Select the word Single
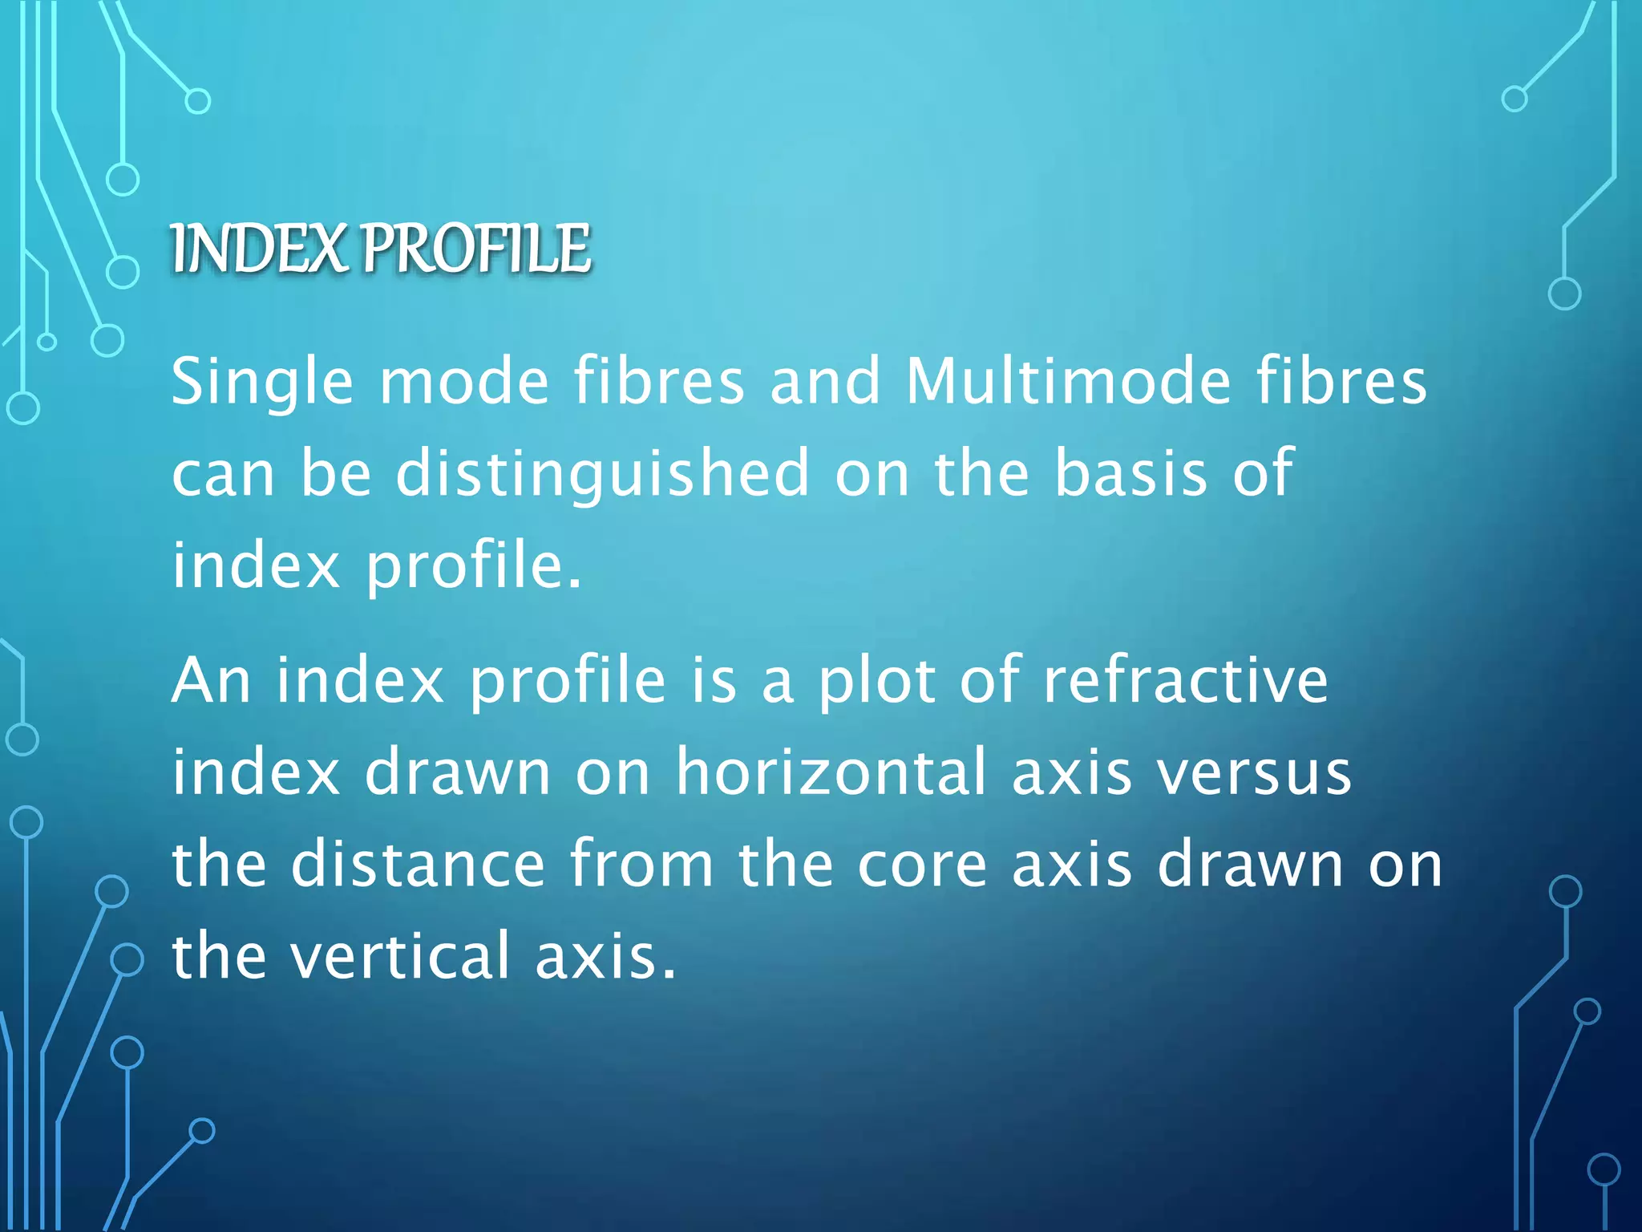pyautogui.click(x=262, y=382)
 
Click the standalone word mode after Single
pyautogui.click(x=464, y=382)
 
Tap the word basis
pyautogui.click(x=1130, y=473)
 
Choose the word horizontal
pyautogui.click(x=831, y=772)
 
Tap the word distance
pyautogui.click(x=418, y=865)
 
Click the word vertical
pyautogui.click(x=400, y=956)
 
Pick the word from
pyautogui.click(x=641, y=865)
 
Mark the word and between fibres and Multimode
pyautogui.click(x=825, y=382)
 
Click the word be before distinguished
pyautogui.click(x=336, y=473)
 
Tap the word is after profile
pyautogui.click(x=714, y=681)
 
